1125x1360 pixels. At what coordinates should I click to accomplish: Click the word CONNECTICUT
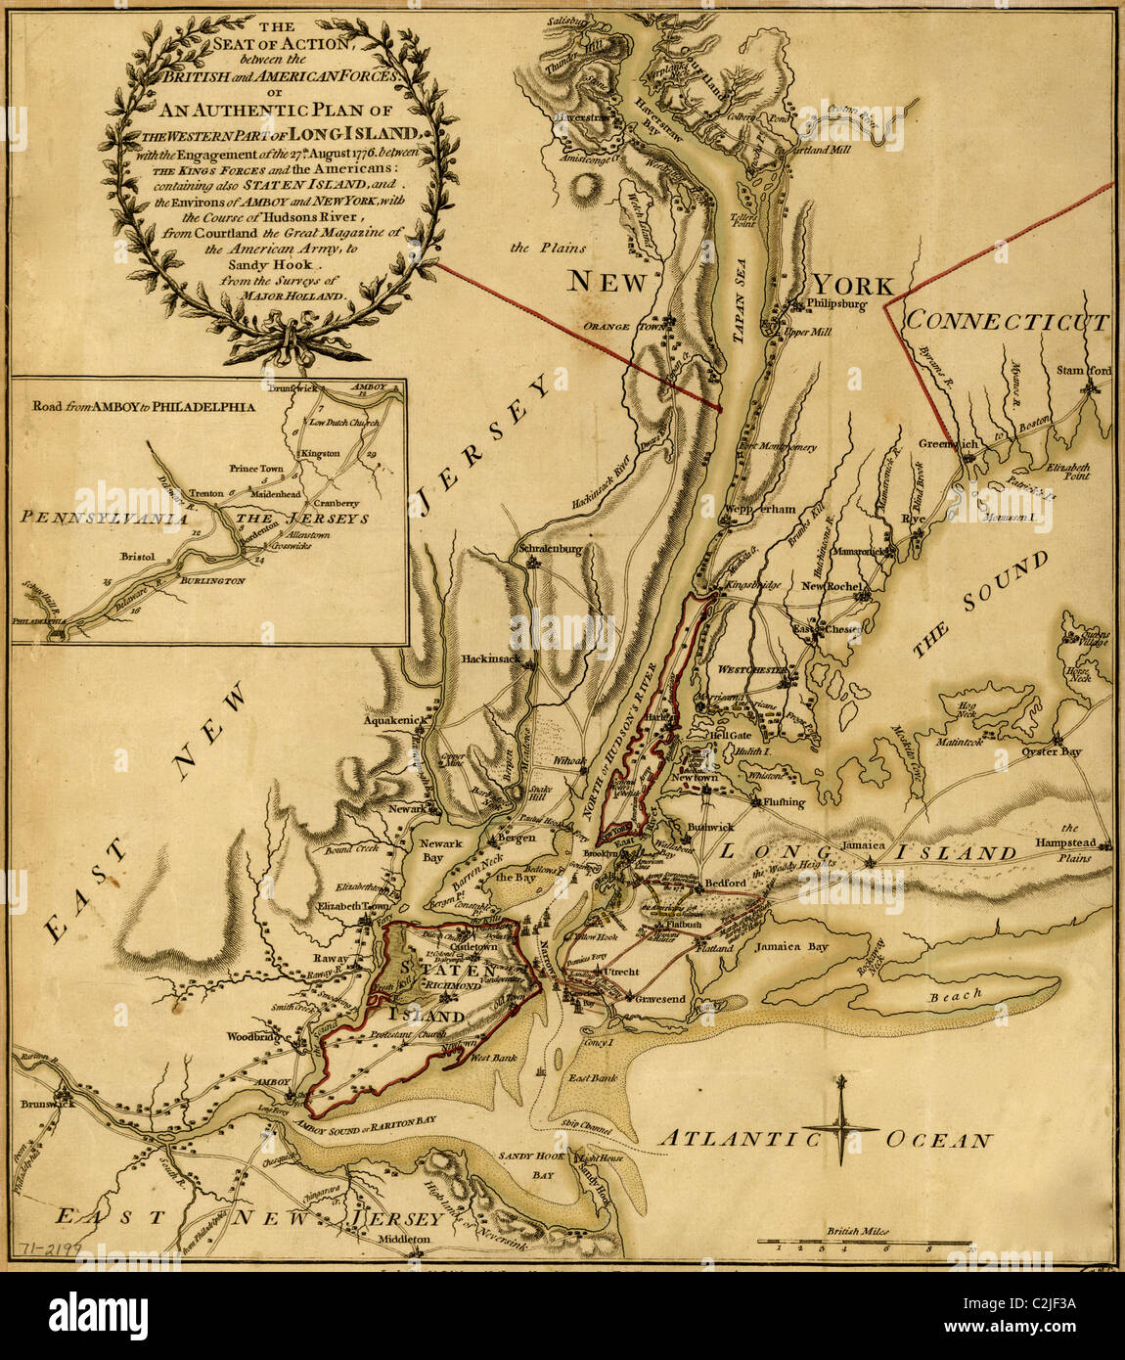(x=1007, y=322)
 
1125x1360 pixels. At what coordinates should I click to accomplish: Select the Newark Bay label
(x=440, y=851)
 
